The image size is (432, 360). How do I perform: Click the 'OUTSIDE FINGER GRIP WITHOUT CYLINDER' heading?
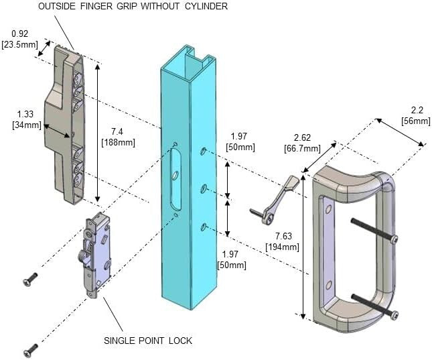point(133,6)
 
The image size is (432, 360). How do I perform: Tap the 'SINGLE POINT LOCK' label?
point(147,341)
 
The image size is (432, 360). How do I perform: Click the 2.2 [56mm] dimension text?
point(415,115)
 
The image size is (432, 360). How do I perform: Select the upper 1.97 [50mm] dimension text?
point(240,141)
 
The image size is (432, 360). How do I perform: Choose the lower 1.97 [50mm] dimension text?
point(231,259)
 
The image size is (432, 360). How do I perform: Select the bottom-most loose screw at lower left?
point(30,349)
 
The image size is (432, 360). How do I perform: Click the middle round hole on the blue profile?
point(202,188)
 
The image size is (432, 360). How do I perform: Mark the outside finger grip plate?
point(64,124)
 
